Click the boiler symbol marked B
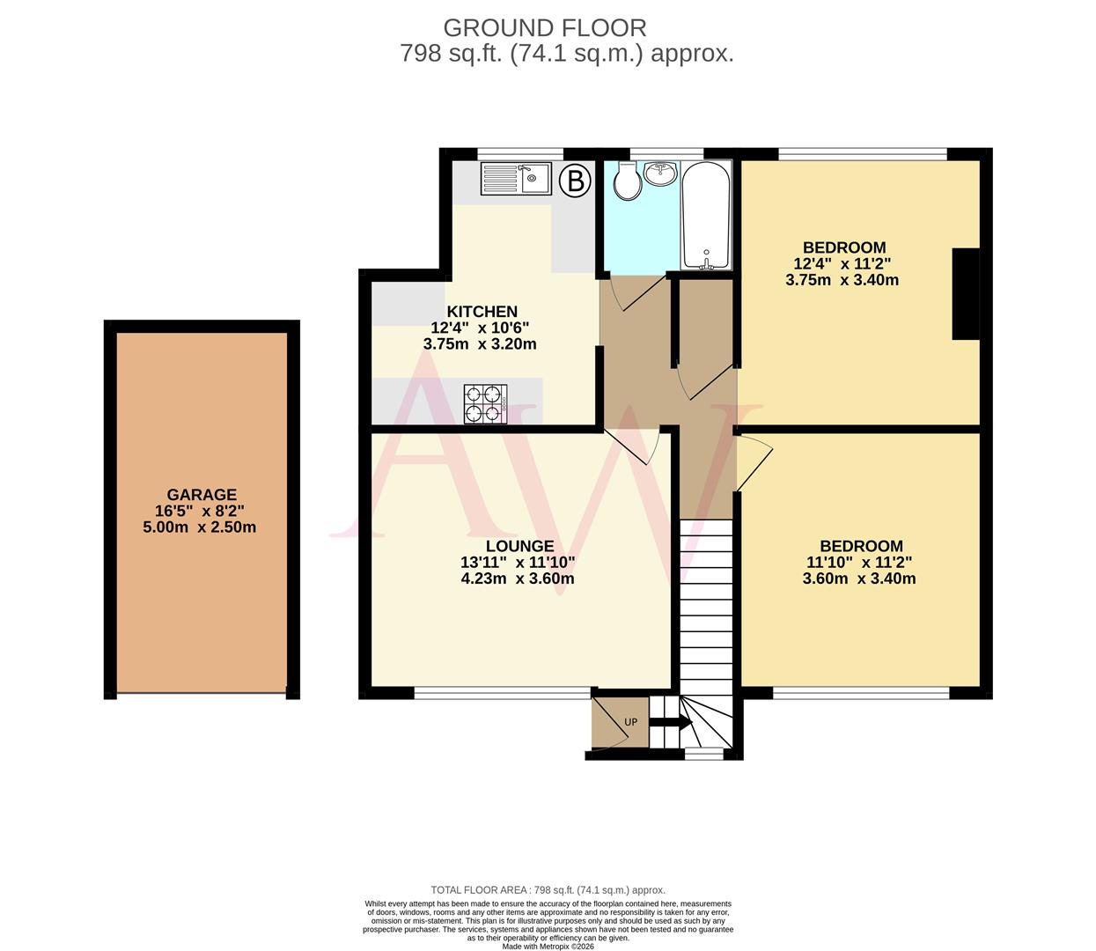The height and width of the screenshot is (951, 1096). tap(576, 181)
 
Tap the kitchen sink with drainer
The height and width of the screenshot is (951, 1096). tap(515, 180)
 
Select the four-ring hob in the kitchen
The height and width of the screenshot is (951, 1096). tap(483, 404)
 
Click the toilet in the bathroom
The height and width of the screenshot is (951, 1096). tap(627, 182)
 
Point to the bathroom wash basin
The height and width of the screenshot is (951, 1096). tap(660, 173)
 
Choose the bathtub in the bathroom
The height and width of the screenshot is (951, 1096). tap(706, 216)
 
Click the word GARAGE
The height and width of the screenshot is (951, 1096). tap(202, 495)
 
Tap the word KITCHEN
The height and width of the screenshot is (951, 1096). tap(482, 312)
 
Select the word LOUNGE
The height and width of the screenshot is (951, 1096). tap(519, 546)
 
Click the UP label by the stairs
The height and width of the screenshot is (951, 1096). tap(630, 723)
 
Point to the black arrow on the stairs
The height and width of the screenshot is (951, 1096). tap(670, 723)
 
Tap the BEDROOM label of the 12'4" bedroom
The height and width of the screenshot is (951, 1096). tap(843, 247)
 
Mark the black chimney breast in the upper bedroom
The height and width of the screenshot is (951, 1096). tap(966, 294)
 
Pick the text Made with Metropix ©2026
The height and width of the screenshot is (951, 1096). tap(548, 947)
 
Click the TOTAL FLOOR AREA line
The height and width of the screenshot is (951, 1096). tap(548, 890)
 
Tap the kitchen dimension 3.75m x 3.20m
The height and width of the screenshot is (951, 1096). tap(480, 344)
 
